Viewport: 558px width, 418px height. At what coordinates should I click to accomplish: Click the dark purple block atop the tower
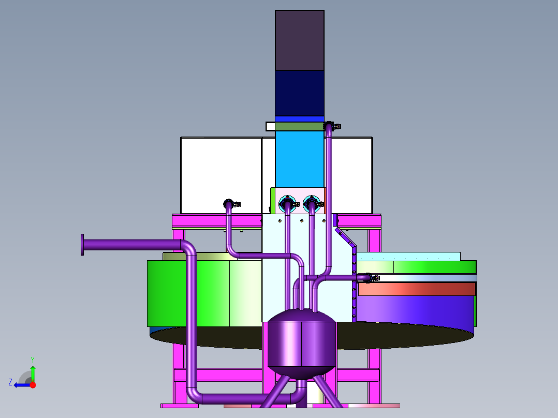coord(300,40)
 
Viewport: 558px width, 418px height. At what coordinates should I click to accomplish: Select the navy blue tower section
coord(300,93)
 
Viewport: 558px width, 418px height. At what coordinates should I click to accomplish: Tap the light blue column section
coord(300,159)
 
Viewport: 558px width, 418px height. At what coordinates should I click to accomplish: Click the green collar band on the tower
coord(300,126)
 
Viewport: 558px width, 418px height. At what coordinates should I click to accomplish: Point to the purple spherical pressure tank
coord(301,344)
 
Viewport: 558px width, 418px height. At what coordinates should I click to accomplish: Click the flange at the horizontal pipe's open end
coord(82,245)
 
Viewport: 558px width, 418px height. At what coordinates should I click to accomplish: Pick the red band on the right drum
coord(417,289)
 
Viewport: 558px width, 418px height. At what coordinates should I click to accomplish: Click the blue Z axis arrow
coord(22,385)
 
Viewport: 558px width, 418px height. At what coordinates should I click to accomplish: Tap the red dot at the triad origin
coord(33,385)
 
